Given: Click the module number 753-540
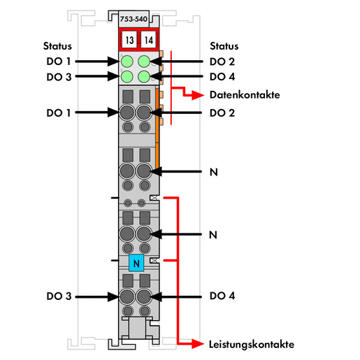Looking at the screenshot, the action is click(x=134, y=19).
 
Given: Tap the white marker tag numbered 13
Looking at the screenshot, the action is click(x=129, y=40).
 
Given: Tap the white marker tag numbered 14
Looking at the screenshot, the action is click(x=148, y=40).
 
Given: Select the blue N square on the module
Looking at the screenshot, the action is click(x=136, y=263).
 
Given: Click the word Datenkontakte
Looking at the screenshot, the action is click(x=245, y=95).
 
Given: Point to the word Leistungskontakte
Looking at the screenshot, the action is click(x=252, y=345).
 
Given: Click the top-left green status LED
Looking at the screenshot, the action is click(x=127, y=62).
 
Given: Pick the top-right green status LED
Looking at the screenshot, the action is click(x=144, y=62).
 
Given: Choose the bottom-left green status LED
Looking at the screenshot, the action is click(x=127, y=76).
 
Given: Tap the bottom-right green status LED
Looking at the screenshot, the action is click(x=144, y=76).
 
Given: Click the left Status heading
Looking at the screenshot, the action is click(x=57, y=46).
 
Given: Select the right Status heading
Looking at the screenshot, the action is click(x=224, y=46).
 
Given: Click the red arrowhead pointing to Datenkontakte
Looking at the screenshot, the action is click(x=198, y=95).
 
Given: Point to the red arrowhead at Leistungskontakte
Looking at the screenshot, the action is click(x=198, y=344).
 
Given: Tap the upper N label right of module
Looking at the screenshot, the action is click(x=214, y=172).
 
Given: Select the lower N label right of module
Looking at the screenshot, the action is click(x=213, y=235).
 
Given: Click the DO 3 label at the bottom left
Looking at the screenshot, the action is click(x=59, y=296).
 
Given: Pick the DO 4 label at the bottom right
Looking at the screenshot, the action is click(x=222, y=296).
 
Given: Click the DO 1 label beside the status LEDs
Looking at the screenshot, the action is click(x=59, y=62).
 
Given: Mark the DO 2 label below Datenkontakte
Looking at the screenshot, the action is click(x=222, y=113).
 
